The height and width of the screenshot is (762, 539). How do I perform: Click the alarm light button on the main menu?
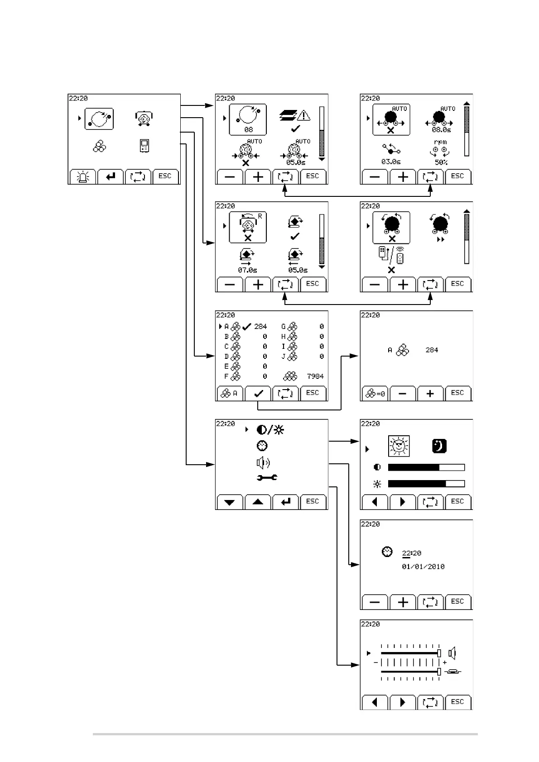82,177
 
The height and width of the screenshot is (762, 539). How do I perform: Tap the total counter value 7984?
315,376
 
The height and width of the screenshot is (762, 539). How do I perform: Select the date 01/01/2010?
423,567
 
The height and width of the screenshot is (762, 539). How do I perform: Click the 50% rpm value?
441,162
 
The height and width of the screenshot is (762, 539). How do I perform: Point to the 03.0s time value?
390,162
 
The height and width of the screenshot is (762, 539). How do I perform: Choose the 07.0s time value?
247,270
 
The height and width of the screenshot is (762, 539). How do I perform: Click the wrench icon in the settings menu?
267,477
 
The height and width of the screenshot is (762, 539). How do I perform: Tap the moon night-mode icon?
439,446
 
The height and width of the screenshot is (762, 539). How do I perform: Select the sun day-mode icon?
399,446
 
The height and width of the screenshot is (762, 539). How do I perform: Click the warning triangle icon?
303,115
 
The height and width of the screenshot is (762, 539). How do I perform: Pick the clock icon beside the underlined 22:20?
387,552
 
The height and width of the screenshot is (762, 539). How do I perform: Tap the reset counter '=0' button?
375,394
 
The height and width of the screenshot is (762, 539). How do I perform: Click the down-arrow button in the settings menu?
230,502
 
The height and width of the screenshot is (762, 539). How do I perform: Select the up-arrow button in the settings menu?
258,502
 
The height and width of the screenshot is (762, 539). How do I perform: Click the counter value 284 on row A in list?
260,326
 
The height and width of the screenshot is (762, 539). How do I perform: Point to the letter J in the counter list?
283,357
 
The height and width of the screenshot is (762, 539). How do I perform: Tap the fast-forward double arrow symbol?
440,240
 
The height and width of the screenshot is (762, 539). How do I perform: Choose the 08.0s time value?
441,130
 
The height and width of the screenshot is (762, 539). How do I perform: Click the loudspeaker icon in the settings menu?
263,462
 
